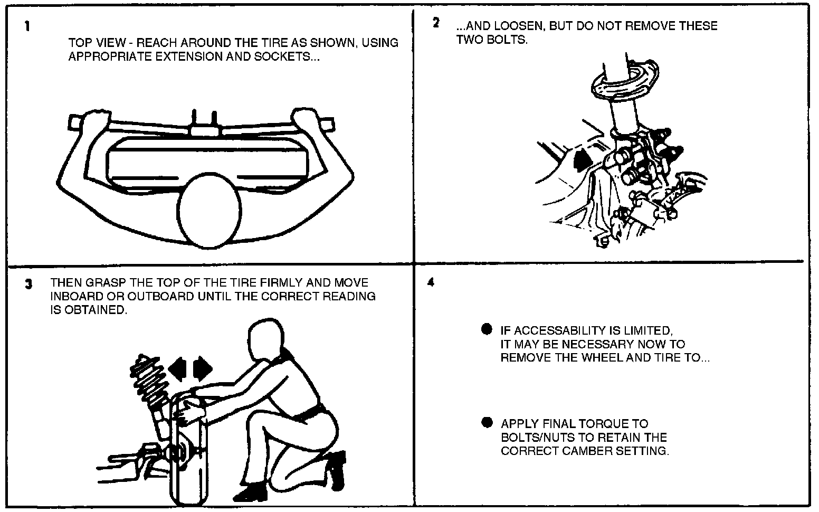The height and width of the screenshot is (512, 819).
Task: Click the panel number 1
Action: tap(27, 26)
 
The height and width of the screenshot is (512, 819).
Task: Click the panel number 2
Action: tap(436, 23)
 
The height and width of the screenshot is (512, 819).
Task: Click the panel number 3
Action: tap(28, 283)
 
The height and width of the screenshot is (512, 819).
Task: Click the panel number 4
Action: tap(431, 282)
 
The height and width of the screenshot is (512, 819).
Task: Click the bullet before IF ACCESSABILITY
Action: tap(487, 329)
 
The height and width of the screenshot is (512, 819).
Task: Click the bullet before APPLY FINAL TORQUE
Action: tap(487, 423)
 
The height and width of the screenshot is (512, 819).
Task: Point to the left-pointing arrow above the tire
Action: tap(179, 368)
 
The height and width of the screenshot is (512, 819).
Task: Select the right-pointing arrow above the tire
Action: tap(203, 368)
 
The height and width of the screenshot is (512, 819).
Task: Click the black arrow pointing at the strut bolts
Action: tap(580, 159)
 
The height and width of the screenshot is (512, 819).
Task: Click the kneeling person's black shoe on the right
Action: tap(335, 468)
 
